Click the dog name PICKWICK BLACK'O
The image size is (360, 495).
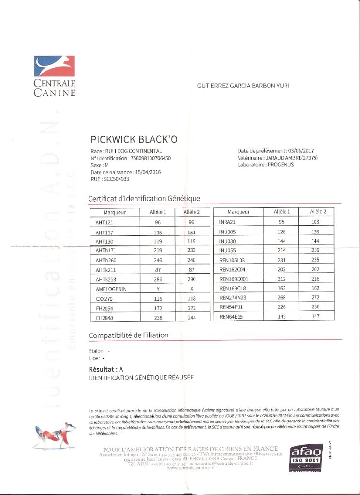point(134,140)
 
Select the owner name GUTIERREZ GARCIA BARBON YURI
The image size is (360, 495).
point(243,86)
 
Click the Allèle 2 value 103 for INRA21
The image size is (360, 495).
point(315,222)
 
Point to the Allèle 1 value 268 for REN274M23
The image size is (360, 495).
point(282,298)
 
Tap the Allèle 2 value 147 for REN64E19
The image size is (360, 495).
point(315,316)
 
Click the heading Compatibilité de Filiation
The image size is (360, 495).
point(129,335)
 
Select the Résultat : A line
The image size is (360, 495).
point(106,369)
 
